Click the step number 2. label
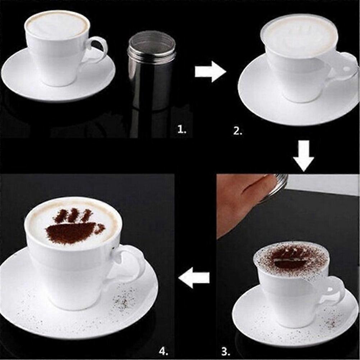coord(238,131)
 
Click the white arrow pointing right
coord(210,71)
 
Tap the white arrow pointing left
coord(194,277)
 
